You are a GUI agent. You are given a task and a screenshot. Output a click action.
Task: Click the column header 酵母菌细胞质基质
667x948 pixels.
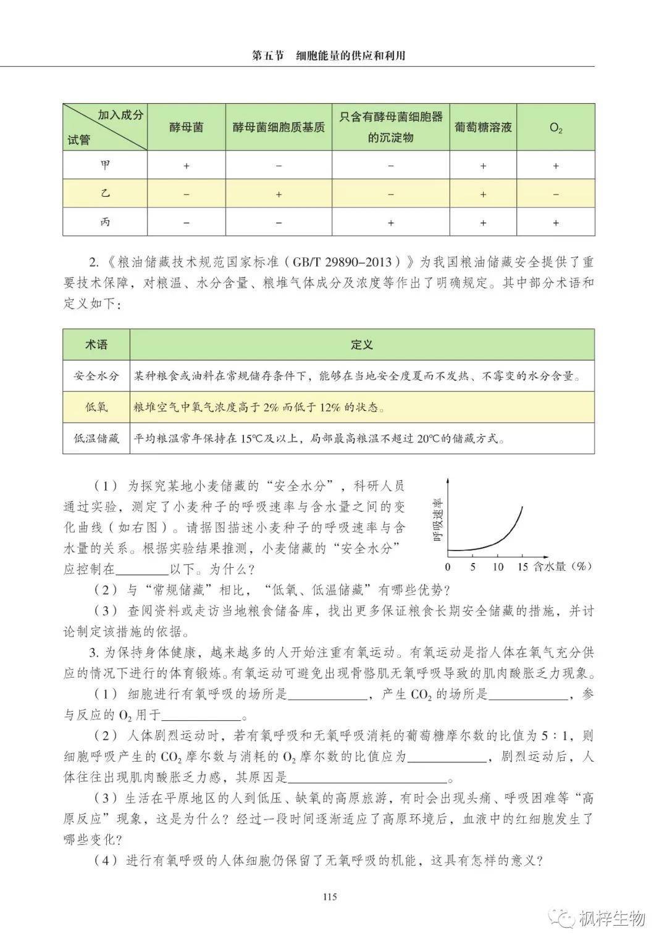[x=279, y=128]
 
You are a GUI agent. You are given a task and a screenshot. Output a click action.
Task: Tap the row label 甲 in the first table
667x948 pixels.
[x=106, y=165]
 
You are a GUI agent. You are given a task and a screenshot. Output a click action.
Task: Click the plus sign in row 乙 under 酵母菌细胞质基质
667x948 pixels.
[x=279, y=194]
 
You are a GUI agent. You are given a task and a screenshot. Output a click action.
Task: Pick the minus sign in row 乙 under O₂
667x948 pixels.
[x=556, y=194]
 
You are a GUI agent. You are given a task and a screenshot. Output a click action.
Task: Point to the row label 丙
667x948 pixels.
[x=106, y=222]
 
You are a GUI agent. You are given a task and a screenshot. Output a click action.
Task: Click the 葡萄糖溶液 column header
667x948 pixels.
[x=483, y=128]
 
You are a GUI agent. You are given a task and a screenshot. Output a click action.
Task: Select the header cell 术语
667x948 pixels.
[x=96, y=345]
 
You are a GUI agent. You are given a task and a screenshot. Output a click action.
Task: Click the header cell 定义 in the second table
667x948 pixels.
[x=362, y=345]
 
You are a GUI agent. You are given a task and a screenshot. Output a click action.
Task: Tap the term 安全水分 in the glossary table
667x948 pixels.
[x=96, y=376]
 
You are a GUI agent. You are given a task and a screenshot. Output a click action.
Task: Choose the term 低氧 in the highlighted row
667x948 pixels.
[x=96, y=407]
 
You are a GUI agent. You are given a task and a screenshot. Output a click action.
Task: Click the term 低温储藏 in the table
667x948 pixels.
[x=96, y=439]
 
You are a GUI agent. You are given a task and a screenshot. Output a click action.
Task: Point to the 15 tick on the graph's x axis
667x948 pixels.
[x=523, y=567]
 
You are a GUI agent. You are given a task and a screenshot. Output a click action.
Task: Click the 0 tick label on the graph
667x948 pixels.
[x=448, y=567]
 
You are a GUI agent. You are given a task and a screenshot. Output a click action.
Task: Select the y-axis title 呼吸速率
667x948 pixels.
[x=438, y=520]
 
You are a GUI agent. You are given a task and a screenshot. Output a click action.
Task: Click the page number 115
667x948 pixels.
[x=329, y=897]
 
